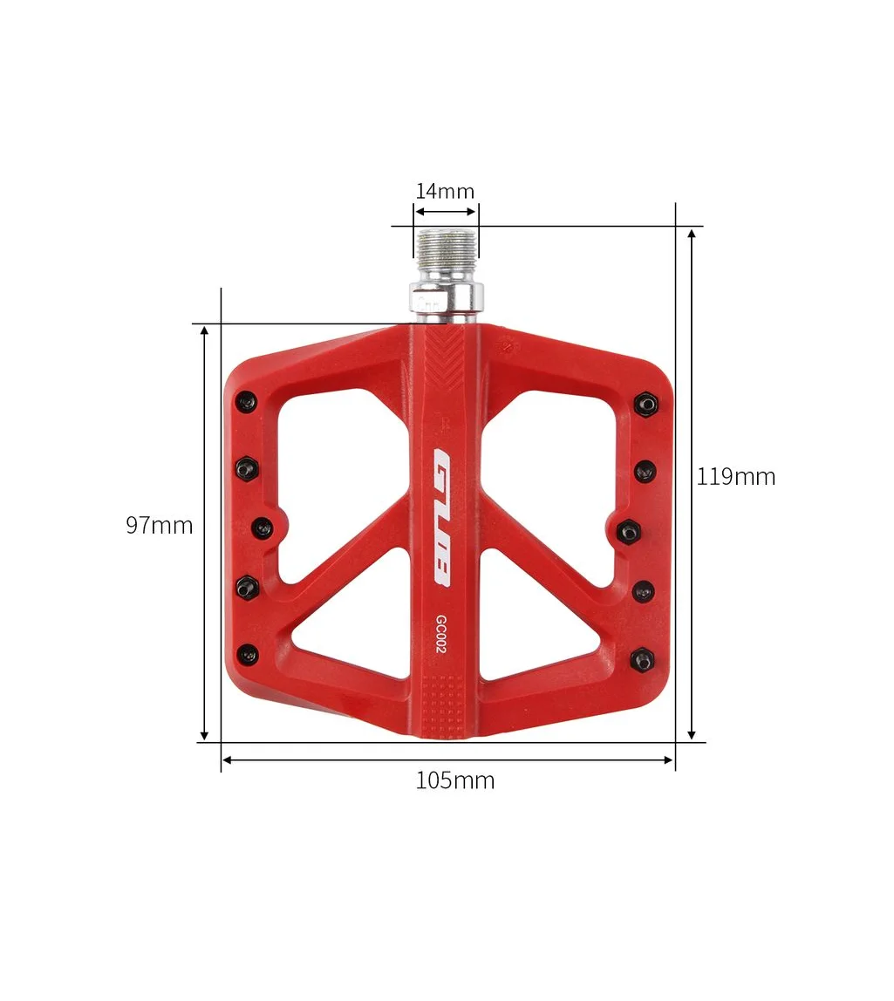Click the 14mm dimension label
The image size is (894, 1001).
click(445, 191)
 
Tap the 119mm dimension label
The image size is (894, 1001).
click(735, 477)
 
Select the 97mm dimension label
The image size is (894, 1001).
click(159, 526)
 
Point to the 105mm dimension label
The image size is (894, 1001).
click(454, 780)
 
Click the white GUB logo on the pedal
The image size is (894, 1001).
click(442, 516)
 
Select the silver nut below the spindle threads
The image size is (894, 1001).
click(444, 297)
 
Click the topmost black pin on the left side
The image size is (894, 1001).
click(248, 402)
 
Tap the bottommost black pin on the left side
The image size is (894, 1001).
click(249, 653)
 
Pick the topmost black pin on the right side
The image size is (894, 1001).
click(645, 405)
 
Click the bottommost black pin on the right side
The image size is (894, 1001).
click(644, 660)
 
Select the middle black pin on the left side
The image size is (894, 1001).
click(262, 528)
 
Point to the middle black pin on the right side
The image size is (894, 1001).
click(629, 530)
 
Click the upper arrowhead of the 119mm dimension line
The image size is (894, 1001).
click(691, 235)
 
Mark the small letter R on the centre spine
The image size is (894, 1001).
click(444, 425)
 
